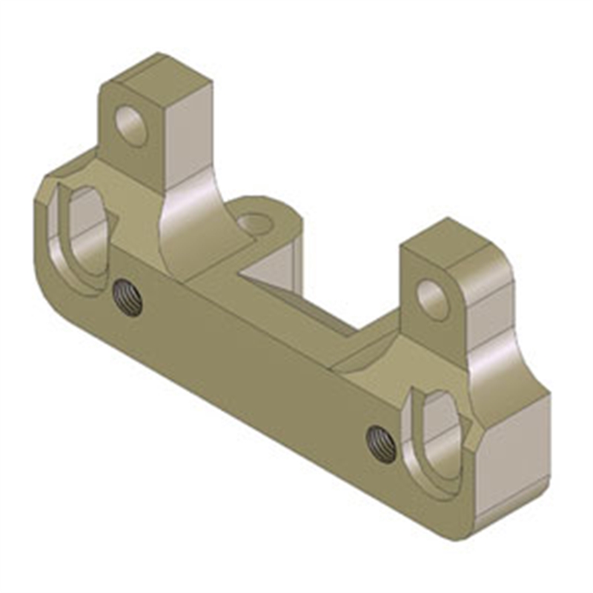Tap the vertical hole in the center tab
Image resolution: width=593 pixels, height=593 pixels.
point(256,221)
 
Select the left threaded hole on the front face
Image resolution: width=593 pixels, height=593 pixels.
point(128,298)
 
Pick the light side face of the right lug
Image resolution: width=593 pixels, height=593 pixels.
point(486,311)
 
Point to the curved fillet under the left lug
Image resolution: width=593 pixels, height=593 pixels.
point(189,222)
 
